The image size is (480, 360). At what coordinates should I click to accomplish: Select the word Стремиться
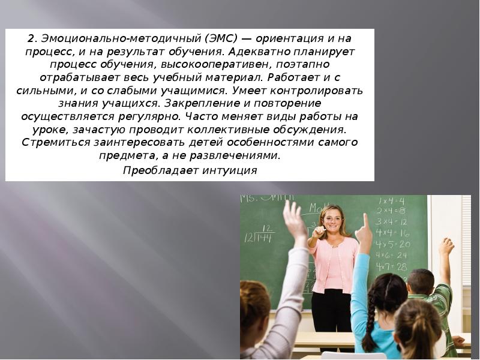55,142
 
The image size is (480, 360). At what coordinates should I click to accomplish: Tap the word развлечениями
241,155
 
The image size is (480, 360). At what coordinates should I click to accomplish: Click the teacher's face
332,221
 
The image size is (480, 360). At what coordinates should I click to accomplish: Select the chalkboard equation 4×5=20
393,244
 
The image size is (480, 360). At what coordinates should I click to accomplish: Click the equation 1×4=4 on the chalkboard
391,200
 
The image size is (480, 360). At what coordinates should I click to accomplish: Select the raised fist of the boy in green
446,246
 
